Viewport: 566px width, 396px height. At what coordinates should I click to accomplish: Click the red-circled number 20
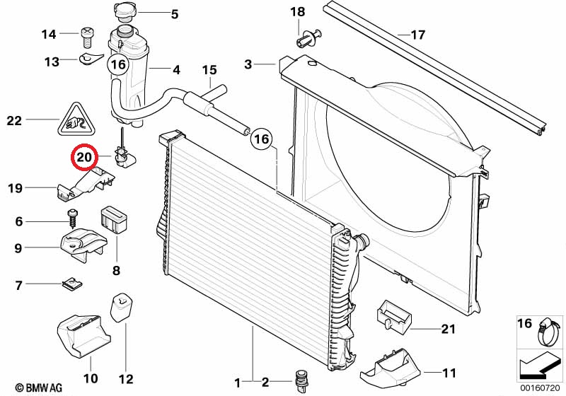pyautogui.click(x=85, y=156)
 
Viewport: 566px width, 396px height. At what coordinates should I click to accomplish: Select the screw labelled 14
pyautogui.click(x=86, y=37)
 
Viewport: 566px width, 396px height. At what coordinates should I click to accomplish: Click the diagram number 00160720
pyautogui.click(x=540, y=388)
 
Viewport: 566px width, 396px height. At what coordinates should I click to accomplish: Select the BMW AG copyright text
pyautogui.click(x=39, y=388)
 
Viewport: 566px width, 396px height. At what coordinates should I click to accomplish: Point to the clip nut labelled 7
pyautogui.click(x=72, y=284)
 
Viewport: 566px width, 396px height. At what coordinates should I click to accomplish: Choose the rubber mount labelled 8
pyautogui.click(x=113, y=219)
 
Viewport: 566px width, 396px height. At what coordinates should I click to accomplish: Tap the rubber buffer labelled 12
pyautogui.click(x=121, y=309)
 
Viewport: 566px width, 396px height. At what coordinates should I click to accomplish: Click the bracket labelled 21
pyautogui.click(x=394, y=315)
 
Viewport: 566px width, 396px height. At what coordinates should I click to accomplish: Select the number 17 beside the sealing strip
pyautogui.click(x=418, y=35)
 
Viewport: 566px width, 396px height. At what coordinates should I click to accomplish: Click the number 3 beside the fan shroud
pyautogui.click(x=248, y=64)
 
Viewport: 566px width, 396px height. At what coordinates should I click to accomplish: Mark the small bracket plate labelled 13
pyautogui.click(x=91, y=59)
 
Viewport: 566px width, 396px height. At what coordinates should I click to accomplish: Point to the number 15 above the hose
pyautogui.click(x=209, y=69)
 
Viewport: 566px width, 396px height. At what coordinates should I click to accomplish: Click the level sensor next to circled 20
pyautogui.click(x=123, y=154)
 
